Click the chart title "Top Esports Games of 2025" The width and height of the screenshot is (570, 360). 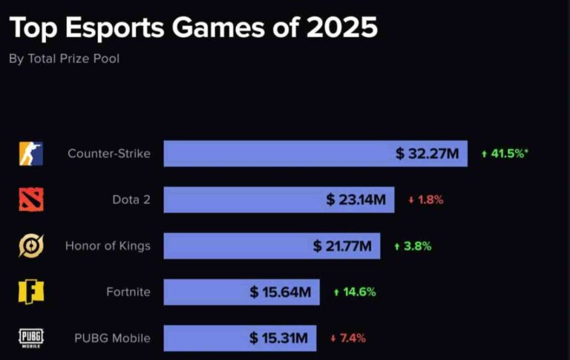coord(193,28)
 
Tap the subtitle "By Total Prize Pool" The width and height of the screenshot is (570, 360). coord(64,59)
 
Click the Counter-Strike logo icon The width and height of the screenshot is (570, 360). coord(31,154)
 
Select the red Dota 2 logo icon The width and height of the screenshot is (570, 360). coord(31,200)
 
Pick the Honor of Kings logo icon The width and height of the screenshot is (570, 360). coord(31,246)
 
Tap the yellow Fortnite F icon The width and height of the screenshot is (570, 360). coord(31,292)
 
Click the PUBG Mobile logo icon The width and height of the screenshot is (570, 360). coord(31,338)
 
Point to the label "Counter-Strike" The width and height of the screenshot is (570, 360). coord(108,154)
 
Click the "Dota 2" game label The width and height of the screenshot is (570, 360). coord(131,200)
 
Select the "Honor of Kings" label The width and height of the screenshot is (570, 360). coord(108,246)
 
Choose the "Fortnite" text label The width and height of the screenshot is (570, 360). coord(128,292)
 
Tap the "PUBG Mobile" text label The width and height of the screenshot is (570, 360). coord(112,338)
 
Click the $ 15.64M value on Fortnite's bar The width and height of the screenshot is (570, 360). coord(280,292)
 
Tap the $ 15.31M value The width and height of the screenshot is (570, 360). coord(278,338)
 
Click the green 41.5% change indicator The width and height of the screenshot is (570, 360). coord(505,154)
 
